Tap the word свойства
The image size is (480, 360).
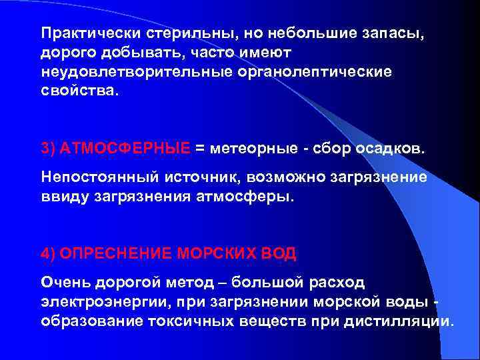(78, 89)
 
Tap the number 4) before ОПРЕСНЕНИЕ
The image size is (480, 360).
(49, 253)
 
